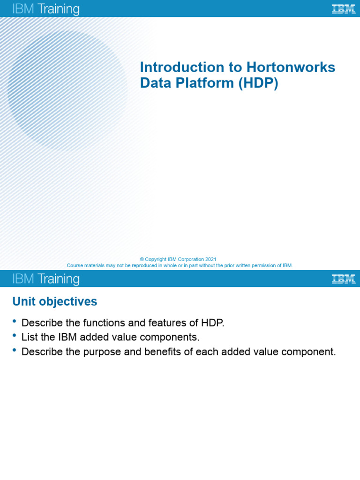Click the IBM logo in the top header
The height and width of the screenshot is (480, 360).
[343, 9]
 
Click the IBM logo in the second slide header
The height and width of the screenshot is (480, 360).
[343, 279]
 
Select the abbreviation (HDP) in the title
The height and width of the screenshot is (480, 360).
[258, 83]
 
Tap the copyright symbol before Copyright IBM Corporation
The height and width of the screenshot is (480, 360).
[142, 259]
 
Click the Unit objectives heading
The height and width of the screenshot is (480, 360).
[55, 301]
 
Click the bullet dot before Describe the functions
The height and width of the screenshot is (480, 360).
[14, 321]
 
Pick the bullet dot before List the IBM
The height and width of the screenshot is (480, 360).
[14, 336]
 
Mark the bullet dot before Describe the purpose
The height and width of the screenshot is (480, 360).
[14, 350]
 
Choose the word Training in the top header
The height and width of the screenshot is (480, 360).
[59, 9]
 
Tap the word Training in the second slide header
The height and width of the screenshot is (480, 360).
[59, 279]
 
